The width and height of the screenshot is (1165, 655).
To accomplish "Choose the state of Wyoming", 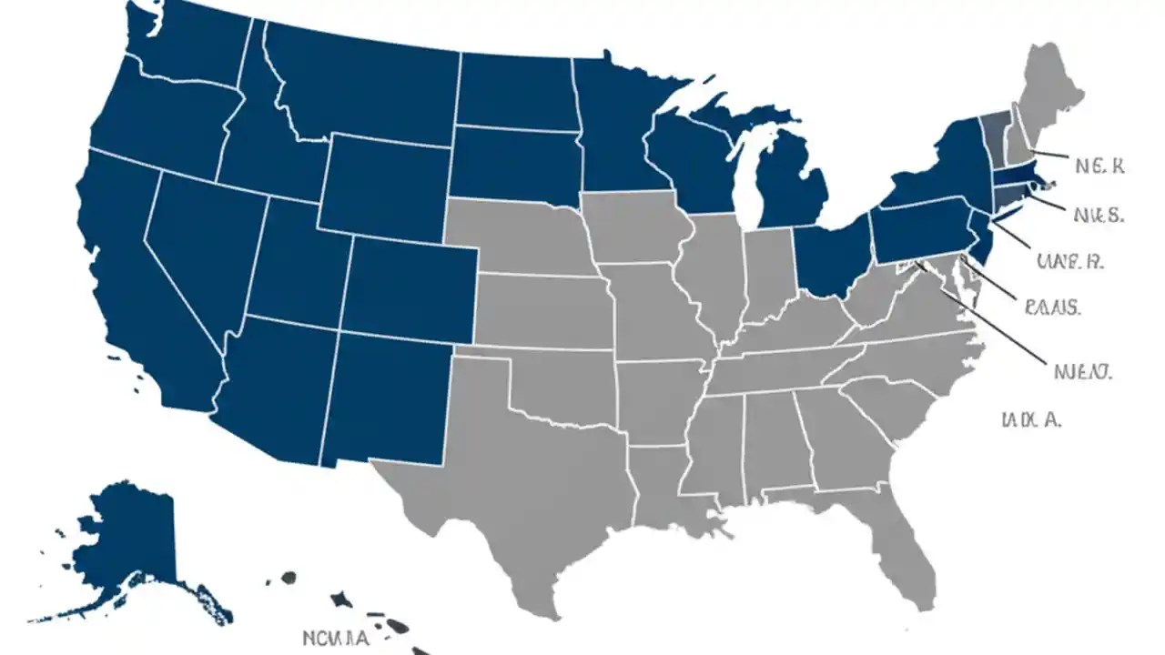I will [382, 186].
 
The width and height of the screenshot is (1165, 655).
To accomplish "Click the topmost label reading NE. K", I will [1099, 166].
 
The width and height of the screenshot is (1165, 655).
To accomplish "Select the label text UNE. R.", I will [1070, 262].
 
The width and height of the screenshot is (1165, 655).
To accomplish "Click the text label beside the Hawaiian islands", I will [336, 638].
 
